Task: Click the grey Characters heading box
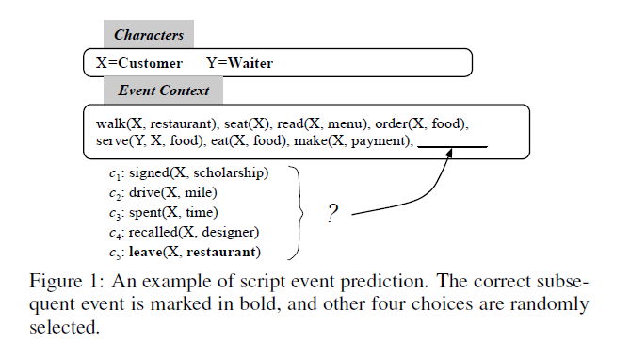(x=149, y=36)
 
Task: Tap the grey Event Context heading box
(x=163, y=90)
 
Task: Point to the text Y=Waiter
(x=240, y=64)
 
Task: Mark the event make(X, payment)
(x=351, y=141)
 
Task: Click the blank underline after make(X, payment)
(x=452, y=144)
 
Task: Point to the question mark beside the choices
(x=331, y=214)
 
